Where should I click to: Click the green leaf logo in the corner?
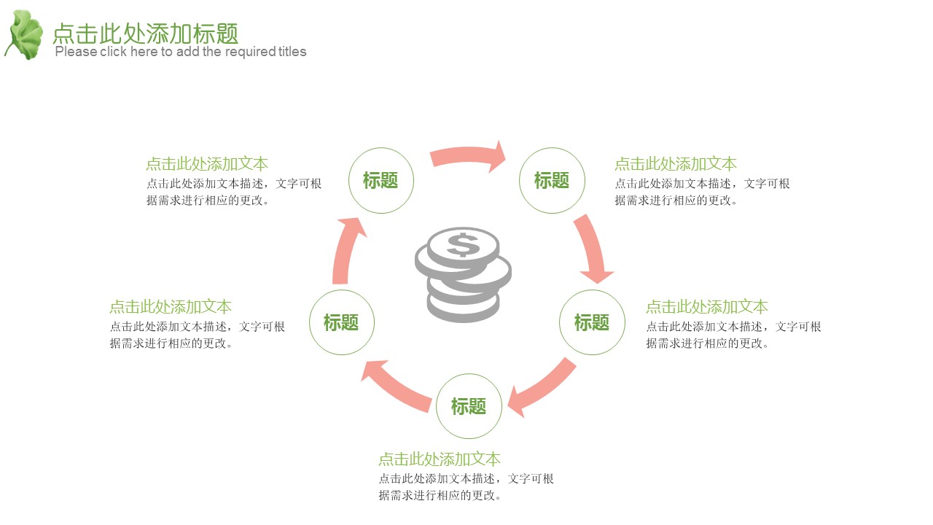(25, 35)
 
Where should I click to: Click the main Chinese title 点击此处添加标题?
(146, 33)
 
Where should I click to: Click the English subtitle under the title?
(181, 52)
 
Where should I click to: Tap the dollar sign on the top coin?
(463, 244)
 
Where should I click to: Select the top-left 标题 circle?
(380, 181)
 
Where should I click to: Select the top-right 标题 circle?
(552, 181)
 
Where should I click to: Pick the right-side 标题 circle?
(592, 322)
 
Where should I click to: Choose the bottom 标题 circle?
(469, 406)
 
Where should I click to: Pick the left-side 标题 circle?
(342, 322)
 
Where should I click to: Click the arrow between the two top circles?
(466, 155)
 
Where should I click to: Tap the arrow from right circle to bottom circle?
(542, 387)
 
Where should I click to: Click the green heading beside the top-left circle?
(207, 164)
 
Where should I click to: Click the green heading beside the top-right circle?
(676, 164)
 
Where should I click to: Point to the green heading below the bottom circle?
(440, 459)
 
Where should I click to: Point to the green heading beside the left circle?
(171, 307)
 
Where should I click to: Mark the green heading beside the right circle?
(707, 307)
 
